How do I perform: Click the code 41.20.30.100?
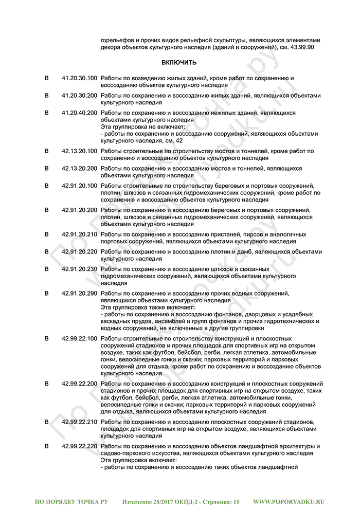pos(79,78)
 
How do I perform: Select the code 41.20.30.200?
pos(79,95)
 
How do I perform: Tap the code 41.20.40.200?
pos(79,112)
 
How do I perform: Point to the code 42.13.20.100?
pos(79,151)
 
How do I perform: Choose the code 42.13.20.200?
pos(79,168)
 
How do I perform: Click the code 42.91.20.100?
pos(79,186)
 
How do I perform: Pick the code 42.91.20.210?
pos(79,234)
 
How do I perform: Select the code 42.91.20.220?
pos(79,252)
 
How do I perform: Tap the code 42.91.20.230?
pos(79,269)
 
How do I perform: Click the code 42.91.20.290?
pos(79,293)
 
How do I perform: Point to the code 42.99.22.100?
pos(79,339)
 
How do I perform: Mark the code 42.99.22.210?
pos(79,422)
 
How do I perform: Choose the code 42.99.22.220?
pos(79,446)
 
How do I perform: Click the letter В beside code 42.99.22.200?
pos(46,384)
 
